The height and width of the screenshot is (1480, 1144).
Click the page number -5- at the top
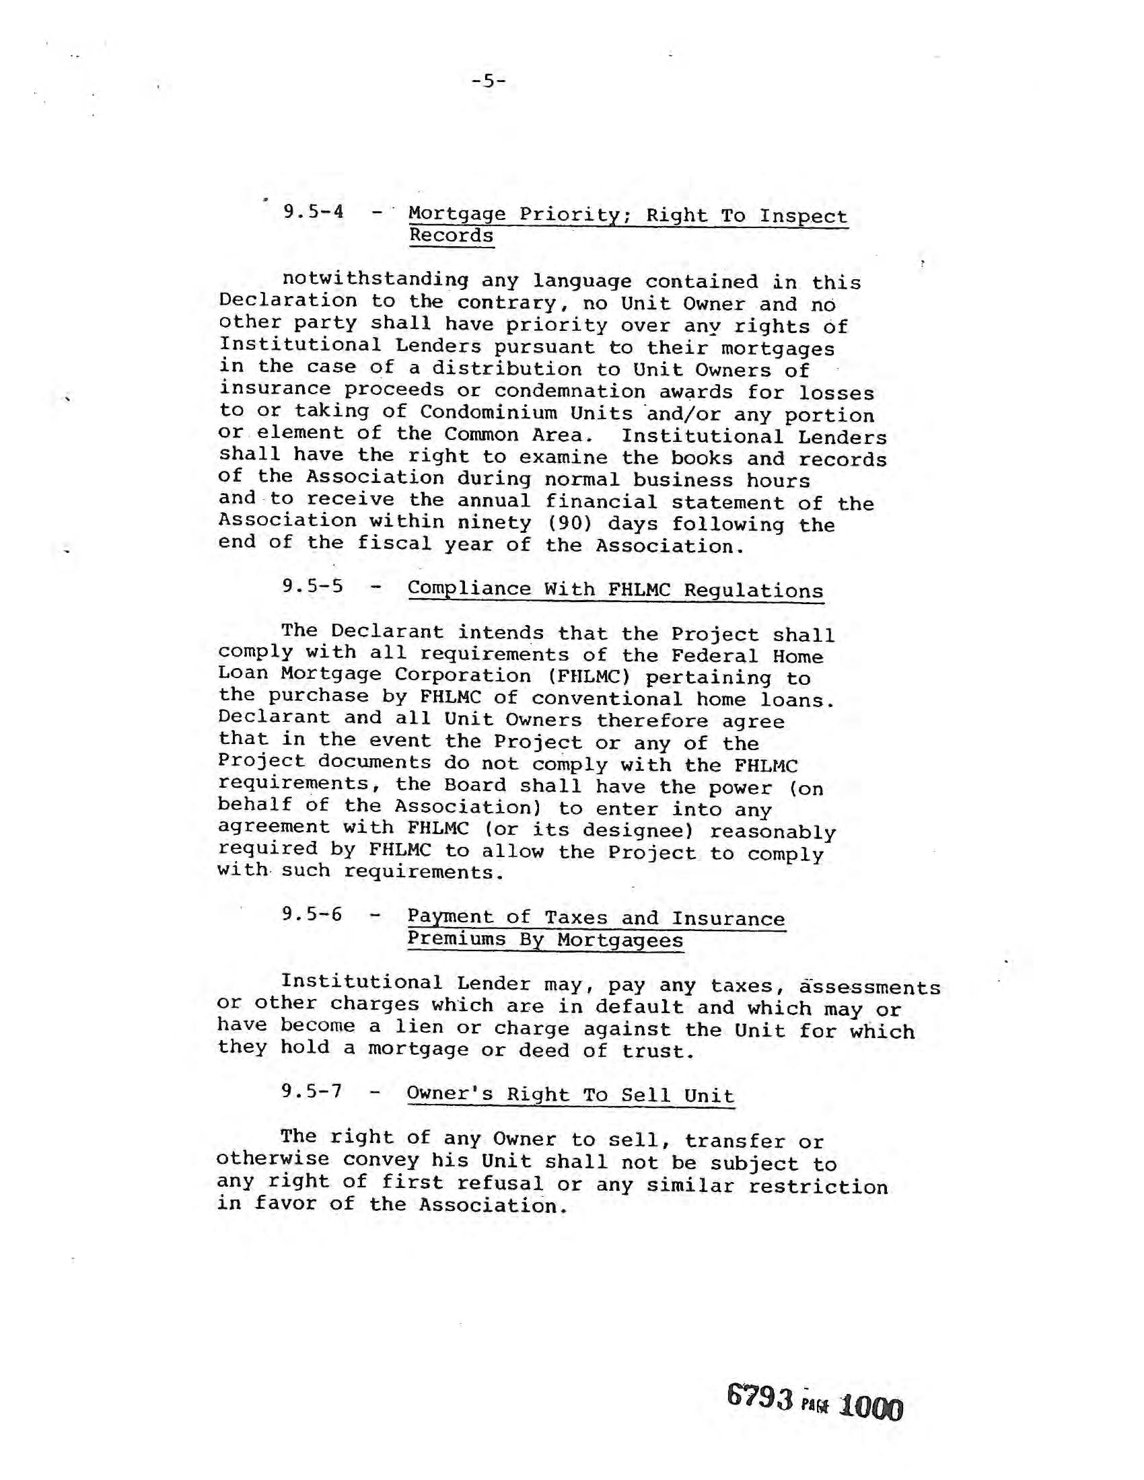click(488, 82)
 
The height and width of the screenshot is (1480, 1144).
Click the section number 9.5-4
click(313, 212)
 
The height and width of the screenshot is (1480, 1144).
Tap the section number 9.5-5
click(312, 586)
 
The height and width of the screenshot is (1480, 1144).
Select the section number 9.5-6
click(312, 915)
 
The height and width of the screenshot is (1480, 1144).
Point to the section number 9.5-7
click(312, 1092)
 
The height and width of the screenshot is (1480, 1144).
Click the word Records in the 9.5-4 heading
click(451, 236)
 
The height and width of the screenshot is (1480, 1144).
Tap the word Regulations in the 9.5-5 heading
click(753, 590)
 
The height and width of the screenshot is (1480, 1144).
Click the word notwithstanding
click(375, 279)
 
